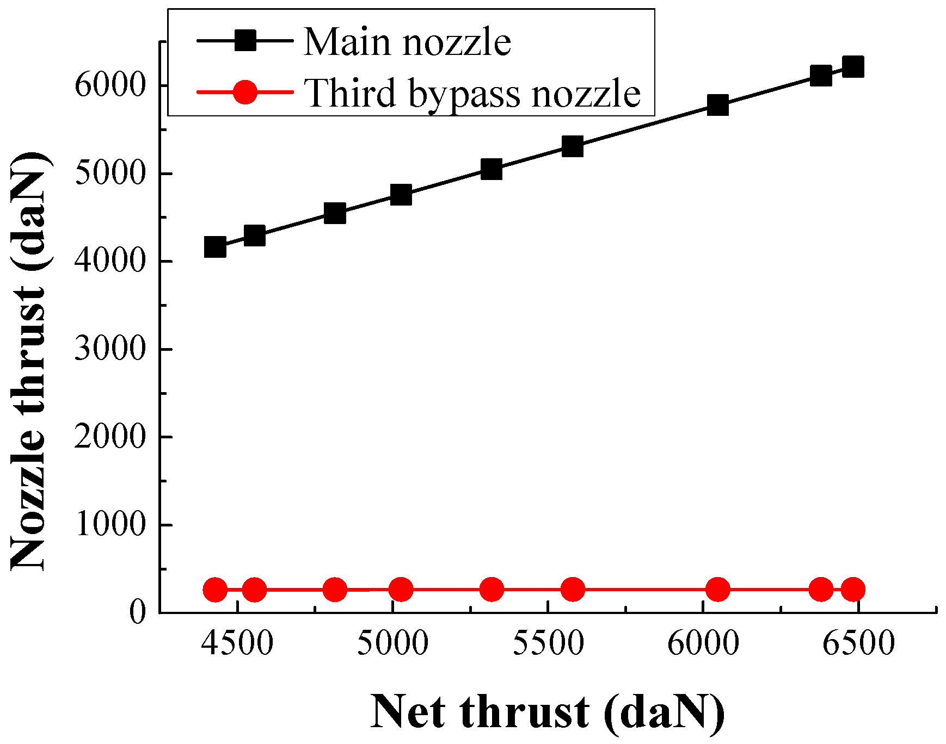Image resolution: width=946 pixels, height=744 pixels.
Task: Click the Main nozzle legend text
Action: tap(407, 41)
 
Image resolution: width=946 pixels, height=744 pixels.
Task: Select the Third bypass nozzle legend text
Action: tap(472, 93)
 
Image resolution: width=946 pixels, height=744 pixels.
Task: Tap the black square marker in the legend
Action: tap(245, 40)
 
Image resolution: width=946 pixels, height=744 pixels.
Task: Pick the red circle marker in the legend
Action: tap(245, 92)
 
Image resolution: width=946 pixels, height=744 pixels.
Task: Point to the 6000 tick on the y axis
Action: tap(110, 85)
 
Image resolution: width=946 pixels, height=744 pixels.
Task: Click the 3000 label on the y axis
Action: tap(110, 349)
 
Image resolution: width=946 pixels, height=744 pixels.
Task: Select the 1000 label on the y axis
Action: tap(110, 524)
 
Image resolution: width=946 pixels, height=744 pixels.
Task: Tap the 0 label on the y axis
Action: tap(138, 612)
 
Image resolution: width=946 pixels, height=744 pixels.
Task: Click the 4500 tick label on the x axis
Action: tap(237, 644)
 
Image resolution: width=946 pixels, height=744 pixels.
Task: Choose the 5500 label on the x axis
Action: tap(548, 644)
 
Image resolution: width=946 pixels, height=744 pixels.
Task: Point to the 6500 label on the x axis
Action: tap(858, 644)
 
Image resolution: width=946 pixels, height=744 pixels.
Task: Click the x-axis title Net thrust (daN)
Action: tap(548, 712)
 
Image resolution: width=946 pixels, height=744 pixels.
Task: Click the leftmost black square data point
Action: tap(215, 247)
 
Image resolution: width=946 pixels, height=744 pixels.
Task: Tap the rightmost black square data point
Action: tap(853, 66)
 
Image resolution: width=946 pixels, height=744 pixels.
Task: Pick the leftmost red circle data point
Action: tap(215, 590)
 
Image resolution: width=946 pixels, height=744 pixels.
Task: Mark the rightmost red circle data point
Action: tap(853, 589)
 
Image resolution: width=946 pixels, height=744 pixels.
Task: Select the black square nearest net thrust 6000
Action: tap(718, 105)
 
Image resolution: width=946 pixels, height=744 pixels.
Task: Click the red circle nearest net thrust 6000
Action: tap(718, 589)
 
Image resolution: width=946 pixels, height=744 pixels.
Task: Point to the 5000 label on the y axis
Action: tap(110, 173)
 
